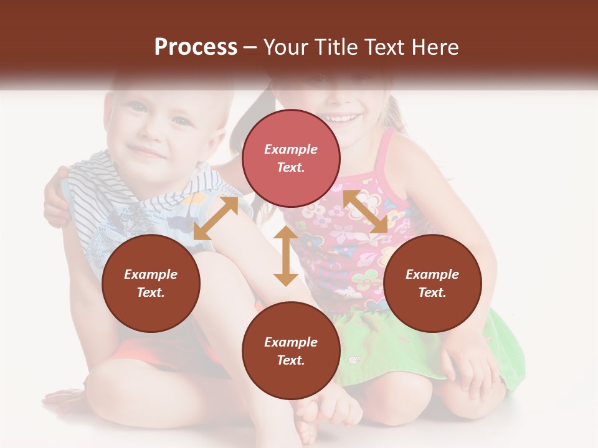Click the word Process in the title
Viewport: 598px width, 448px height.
pos(196,47)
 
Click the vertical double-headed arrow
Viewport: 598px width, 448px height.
pos(286,256)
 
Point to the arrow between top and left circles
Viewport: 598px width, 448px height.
pos(216,218)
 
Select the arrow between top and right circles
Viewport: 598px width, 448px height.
pos(365,211)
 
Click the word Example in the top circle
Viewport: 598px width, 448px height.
pos(291,149)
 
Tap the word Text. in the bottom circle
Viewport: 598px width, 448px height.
pos(291,360)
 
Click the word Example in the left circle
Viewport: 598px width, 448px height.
pos(151,274)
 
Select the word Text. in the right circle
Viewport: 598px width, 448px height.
pos(432,292)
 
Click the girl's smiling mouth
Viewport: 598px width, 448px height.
pos(339,117)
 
